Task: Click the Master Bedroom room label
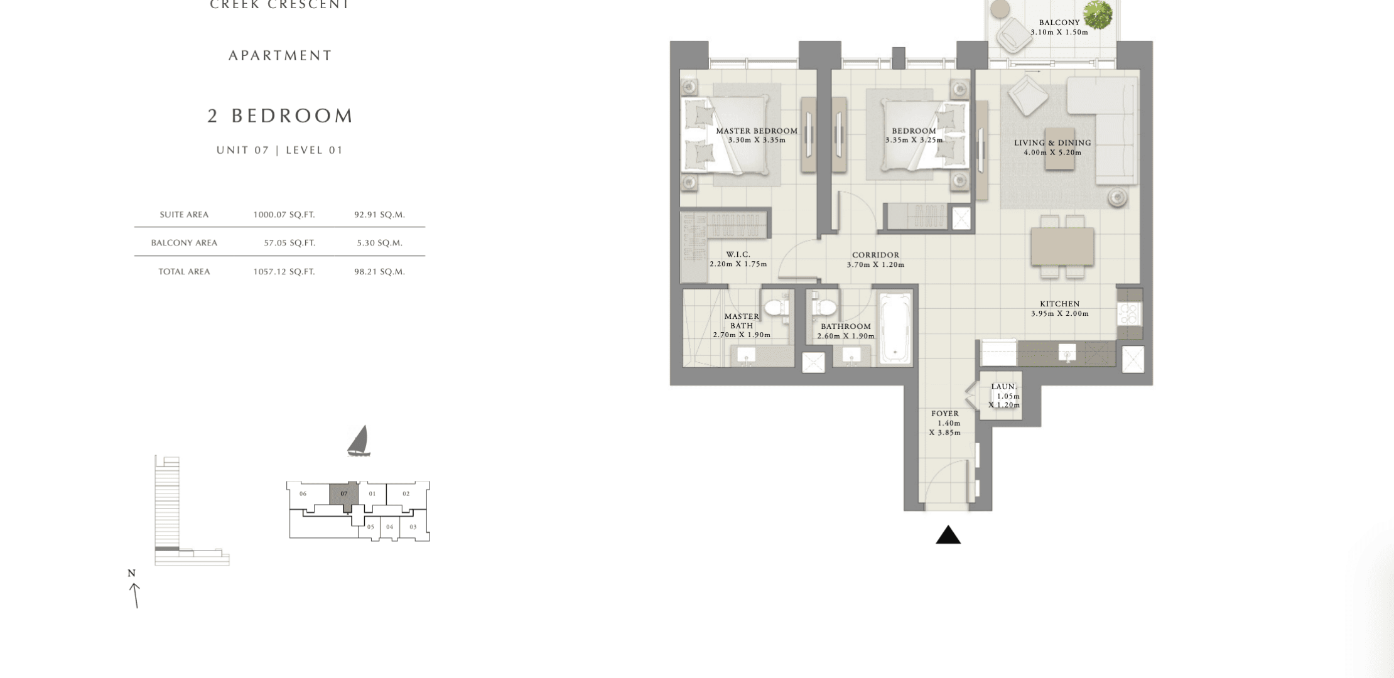pyautogui.click(x=757, y=131)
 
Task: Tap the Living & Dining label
pyautogui.click(x=1052, y=143)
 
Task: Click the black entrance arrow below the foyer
pyautogui.click(x=948, y=535)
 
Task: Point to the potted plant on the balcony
pyautogui.click(x=1098, y=15)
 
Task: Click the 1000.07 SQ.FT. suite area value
pyautogui.click(x=284, y=215)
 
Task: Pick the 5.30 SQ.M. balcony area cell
pyautogui.click(x=379, y=243)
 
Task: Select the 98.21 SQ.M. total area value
pyautogui.click(x=379, y=272)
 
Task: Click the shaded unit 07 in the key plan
pyautogui.click(x=344, y=495)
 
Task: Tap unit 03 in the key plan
pyautogui.click(x=413, y=527)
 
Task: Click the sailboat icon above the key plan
pyautogui.click(x=359, y=441)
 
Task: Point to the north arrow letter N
pyautogui.click(x=132, y=573)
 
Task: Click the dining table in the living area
pyautogui.click(x=1062, y=246)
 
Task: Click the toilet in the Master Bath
pyautogui.click(x=775, y=308)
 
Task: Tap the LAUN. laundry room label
pyautogui.click(x=1004, y=387)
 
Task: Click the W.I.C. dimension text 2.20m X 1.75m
pyautogui.click(x=738, y=264)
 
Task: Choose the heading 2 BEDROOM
pyautogui.click(x=281, y=116)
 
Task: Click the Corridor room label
pyautogui.click(x=875, y=255)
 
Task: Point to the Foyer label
pyautogui.click(x=945, y=414)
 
